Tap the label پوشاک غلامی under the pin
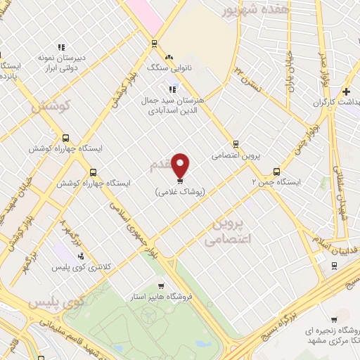[181, 191]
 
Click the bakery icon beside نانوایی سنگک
[168, 57]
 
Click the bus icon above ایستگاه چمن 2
[276, 171]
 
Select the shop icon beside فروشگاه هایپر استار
[161, 286]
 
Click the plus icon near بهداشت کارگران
[346, 91]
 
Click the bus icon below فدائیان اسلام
[333, 265]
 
